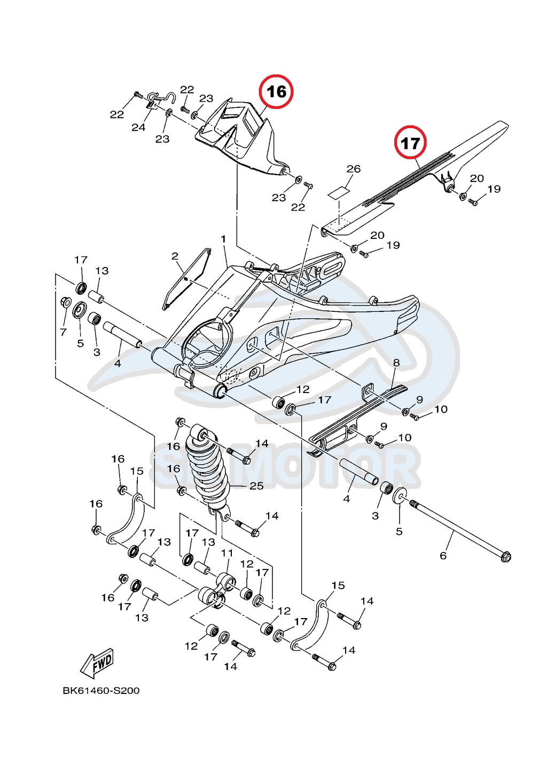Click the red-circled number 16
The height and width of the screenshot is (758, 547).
276,91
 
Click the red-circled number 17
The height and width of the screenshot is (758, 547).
410,143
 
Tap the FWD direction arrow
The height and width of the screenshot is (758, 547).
98,663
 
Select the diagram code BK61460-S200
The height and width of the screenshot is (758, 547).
101,690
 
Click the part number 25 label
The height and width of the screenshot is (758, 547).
256,486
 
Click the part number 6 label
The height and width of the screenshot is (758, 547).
443,556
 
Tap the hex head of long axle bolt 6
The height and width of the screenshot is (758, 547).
505,557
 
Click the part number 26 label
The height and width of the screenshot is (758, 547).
354,169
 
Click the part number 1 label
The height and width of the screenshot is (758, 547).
223,239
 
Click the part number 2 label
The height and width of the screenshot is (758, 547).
175,256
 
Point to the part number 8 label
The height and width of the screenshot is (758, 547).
396,363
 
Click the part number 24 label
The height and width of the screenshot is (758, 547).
138,127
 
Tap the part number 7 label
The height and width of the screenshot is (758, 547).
63,332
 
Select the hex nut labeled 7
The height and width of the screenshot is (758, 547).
65,302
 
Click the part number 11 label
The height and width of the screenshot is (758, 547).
227,553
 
